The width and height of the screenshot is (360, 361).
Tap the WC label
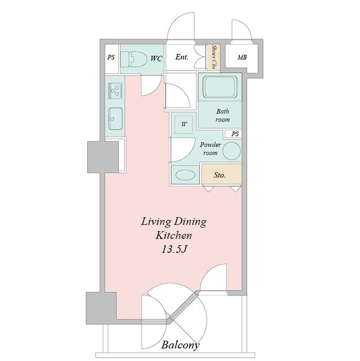[157, 59]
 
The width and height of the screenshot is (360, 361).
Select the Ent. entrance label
[182, 57]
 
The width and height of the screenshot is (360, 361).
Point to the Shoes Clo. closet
[214, 58]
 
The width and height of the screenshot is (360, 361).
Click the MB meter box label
[242, 57]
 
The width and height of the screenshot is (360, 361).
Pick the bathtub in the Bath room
[220, 87]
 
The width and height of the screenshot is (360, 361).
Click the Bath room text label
[223, 115]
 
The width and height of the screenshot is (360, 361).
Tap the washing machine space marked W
[184, 125]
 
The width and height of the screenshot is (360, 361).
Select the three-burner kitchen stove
[115, 91]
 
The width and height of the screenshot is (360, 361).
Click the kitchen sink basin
[115, 118]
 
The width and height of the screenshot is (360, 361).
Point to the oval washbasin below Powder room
[185, 175]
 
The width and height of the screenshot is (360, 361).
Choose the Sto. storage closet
[221, 174]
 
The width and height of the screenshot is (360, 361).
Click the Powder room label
[210, 148]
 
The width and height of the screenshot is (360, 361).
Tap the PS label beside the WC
[111, 57]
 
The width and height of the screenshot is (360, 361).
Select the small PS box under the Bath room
[233, 134]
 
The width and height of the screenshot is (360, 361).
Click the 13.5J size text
[174, 249]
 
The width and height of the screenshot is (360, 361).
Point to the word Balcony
[180, 345]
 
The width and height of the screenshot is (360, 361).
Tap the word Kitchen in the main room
[174, 236]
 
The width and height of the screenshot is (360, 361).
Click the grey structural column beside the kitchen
[103, 157]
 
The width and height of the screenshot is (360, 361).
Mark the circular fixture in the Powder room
[232, 151]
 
